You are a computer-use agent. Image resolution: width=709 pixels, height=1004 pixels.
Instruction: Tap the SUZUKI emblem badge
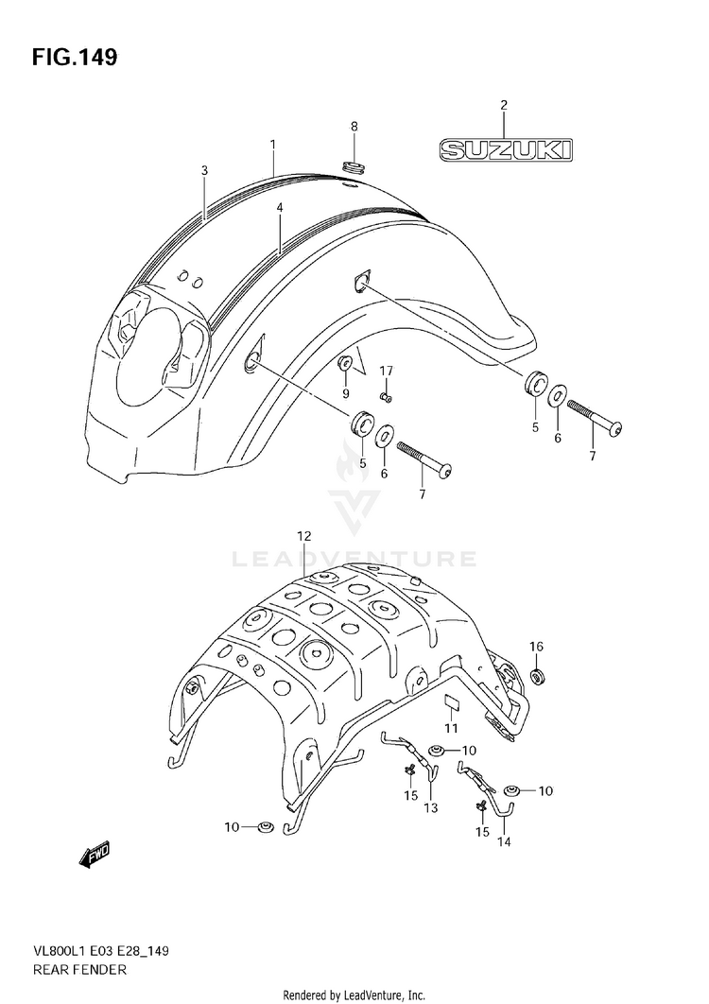tap(504, 149)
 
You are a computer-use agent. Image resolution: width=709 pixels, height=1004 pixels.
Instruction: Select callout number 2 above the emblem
tap(504, 105)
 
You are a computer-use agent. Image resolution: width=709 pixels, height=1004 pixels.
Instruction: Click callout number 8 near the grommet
tap(354, 126)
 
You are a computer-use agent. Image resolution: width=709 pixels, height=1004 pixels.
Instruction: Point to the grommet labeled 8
tap(354, 166)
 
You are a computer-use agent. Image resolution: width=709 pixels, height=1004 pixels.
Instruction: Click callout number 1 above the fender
tap(272, 145)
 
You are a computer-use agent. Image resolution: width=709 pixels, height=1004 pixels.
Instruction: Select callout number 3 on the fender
tap(204, 170)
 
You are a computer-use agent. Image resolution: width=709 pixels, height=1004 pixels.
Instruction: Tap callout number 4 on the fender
tap(280, 207)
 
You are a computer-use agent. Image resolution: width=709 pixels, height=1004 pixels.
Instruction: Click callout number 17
tap(386, 370)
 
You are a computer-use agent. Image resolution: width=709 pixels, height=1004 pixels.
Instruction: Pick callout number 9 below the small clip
tap(345, 393)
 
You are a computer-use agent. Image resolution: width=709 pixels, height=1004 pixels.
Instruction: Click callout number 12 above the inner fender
tap(303, 536)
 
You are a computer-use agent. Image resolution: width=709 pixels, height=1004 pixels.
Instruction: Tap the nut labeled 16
tap(536, 677)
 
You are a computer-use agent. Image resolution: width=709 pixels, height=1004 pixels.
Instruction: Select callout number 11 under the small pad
tap(451, 728)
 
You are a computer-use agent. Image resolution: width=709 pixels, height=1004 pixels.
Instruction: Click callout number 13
tap(431, 808)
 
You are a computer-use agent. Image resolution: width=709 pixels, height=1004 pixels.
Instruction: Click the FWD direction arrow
tap(95, 856)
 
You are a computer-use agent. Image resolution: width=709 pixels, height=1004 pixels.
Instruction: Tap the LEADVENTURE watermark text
tap(355, 560)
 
